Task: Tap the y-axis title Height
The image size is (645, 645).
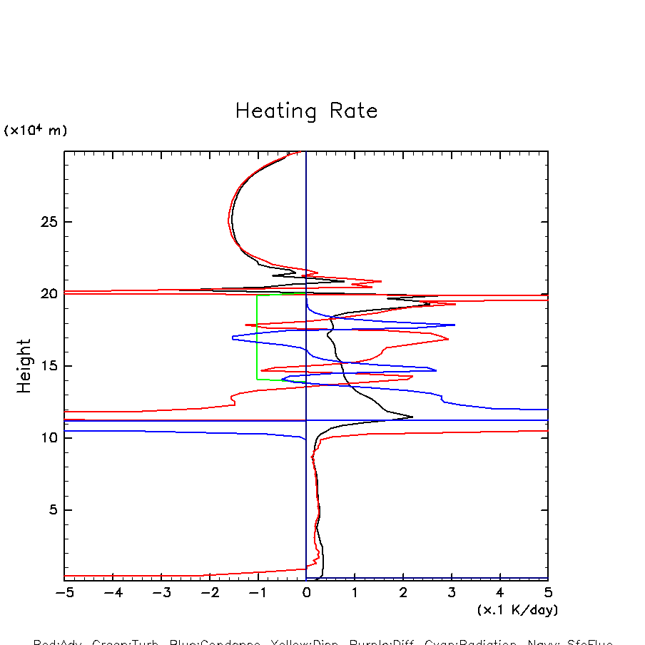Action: click(x=25, y=365)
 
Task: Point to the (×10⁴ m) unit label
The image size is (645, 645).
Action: click(x=36, y=131)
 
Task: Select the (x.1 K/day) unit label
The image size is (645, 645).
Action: click(x=517, y=610)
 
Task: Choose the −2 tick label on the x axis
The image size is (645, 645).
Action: click(x=209, y=593)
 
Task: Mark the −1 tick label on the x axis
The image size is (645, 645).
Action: click(x=258, y=593)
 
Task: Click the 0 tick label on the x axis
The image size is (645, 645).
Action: click(x=306, y=593)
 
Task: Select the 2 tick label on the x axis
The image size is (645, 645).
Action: click(x=403, y=593)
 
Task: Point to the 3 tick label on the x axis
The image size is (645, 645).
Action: click(x=452, y=593)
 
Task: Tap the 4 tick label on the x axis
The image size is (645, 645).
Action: click(x=499, y=593)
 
